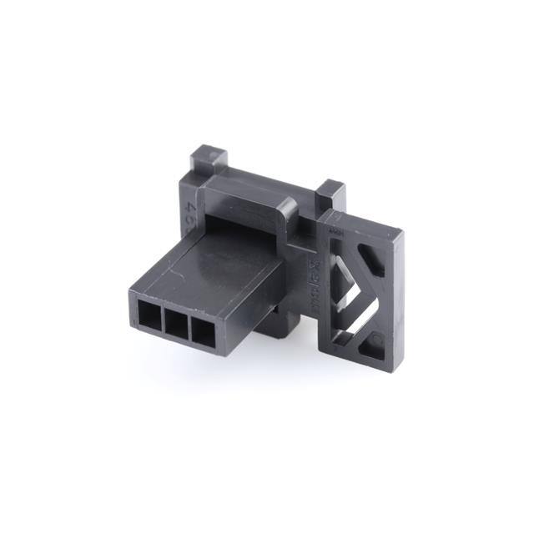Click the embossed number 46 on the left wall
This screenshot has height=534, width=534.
(191, 209)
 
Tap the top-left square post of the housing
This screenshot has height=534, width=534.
(207, 158)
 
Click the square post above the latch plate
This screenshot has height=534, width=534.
(330, 194)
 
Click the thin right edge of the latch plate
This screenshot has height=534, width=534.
(399, 300)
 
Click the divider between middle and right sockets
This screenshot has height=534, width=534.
(190, 327)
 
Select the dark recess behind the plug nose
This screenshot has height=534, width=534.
(242, 225)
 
